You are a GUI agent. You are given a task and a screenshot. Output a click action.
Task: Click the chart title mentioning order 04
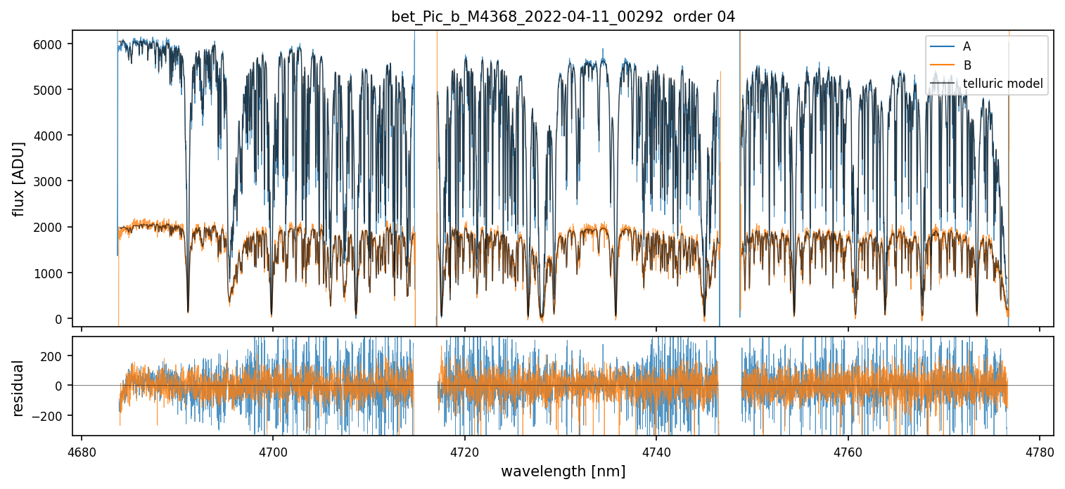[x=563, y=17]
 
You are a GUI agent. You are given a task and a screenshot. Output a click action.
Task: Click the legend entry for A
[x=967, y=46]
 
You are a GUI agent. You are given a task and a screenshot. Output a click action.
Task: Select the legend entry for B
[x=967, y=65]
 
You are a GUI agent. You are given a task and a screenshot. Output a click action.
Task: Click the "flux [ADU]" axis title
[x=19, y=178]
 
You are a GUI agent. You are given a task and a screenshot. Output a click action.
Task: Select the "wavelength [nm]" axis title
[x=563, y=471]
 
